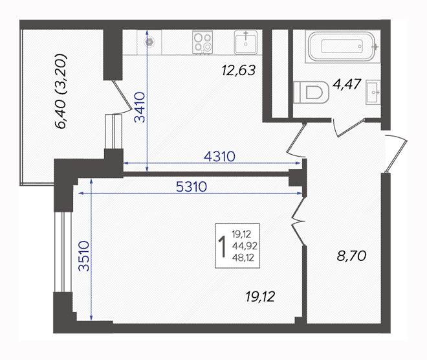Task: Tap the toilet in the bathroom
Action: pos(311,92)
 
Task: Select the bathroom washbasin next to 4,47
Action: pos(373,92)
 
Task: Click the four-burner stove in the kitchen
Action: pos(203,42)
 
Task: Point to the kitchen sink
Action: pos(246,42)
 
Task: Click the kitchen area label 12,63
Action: pos(239,71)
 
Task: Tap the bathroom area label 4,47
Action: pos(347,84)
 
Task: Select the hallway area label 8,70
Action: pos(351,256)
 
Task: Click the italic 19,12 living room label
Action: pos(260,297)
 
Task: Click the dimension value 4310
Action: pos(219,157)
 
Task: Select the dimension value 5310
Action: pos(192,187)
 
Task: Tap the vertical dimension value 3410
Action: pos(140,107)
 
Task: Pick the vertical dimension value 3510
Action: pos(83,256)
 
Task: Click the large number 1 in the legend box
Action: pos(223,247)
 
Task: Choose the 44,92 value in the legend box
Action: pos(245,246)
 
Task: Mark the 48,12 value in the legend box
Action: pos(243,258)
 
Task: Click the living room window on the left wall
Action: pos(63,252)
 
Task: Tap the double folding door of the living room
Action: pos(299,221)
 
